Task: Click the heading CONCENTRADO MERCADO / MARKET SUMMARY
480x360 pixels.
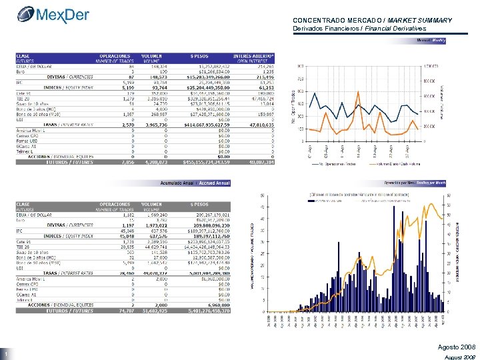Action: pyautogui.click(x=372, y=21)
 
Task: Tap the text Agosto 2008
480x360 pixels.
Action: pyautogui.click(x=457, y=348)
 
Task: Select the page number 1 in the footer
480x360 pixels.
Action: pyautogui.click(x=5, y=354)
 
